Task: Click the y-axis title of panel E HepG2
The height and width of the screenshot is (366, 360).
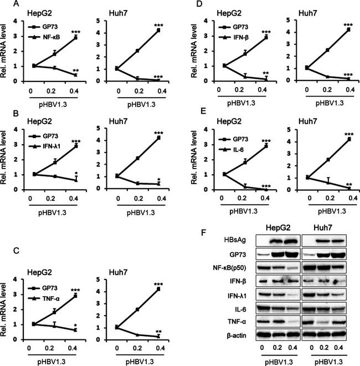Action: coord(194,160)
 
